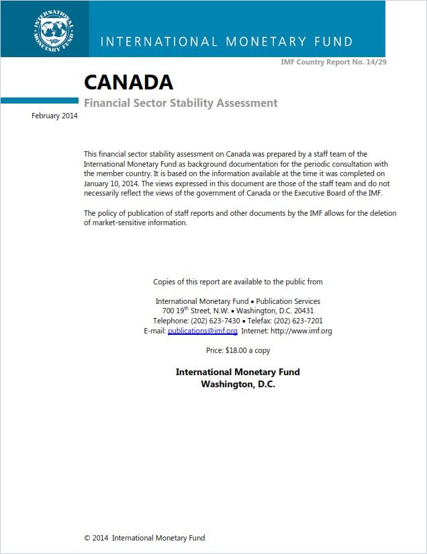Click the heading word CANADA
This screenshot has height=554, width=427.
click(x=128, y=82)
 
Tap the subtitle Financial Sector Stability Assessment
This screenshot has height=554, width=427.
click(x=180, y=103)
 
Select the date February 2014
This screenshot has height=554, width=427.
click(x=54, y=116)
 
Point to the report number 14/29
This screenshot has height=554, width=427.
click(x=375, y=62)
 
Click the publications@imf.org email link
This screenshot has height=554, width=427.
click(x=202, y=331)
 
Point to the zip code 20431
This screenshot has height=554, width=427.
click(x=301, y=311)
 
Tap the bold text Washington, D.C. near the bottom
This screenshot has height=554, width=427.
click(x=238, y=384)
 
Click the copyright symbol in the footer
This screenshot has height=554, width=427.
click(x=87, y=538)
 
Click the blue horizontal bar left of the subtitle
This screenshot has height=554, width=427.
click(x=40, y=101)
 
